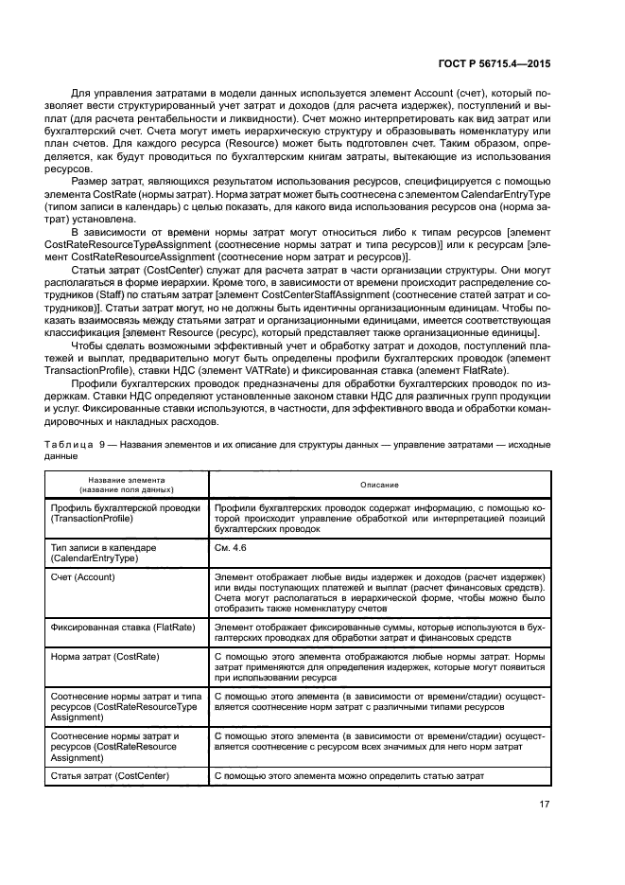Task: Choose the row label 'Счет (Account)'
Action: tap(83, 576)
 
